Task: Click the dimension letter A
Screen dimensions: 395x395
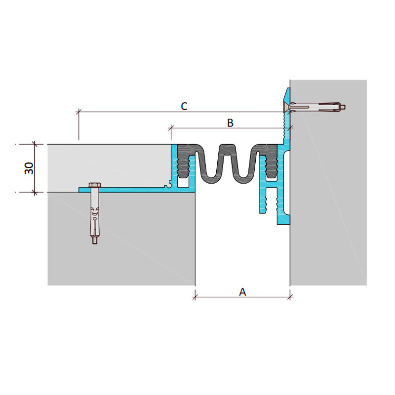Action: pos(242,292)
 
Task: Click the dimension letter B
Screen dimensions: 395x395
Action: pos(230,122)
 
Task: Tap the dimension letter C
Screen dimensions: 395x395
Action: pos(184,106)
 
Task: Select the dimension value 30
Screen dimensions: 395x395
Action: pos(29,168)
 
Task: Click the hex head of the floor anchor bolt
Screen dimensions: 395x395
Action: pos(95,185)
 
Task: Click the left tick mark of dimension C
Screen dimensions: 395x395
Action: pos(79,112)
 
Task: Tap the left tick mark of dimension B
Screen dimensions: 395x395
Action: pos(171,128)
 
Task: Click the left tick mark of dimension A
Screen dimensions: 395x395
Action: pos(195,297)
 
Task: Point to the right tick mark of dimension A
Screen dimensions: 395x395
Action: pos(290,297)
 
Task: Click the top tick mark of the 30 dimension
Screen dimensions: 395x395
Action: pos(35,144)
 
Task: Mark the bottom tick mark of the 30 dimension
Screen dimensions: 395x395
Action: pos(35,192)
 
